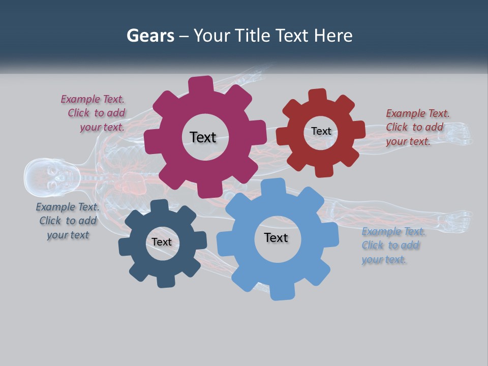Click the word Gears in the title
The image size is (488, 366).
point(150,36)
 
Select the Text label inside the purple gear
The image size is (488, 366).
point(203,137)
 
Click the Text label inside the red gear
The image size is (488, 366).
point(321,131)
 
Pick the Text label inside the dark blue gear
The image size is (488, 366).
point(162,242)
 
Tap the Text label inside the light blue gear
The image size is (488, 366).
point(276,237)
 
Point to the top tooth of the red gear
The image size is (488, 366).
point(318,96)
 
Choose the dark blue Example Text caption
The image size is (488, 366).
point(68,221)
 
